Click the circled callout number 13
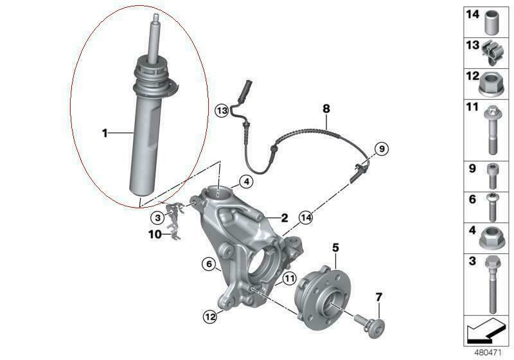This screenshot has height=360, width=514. tap(222, 111)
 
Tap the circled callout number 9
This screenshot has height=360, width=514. tap(382, 149)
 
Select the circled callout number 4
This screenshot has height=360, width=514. tap(246, 181)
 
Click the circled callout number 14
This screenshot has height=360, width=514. tap(306, 217)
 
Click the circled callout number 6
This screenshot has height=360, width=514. tap(209, 264)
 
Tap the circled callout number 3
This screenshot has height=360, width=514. tap(158, 217)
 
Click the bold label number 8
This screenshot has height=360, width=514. tap(326, 108)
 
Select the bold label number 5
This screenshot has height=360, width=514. tap(335, 248)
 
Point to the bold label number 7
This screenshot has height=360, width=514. tap(378, 298)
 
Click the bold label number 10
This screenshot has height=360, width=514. tap(155, 235)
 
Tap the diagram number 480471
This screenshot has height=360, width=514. tap(488, 353)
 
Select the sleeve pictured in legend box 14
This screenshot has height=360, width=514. tap(491, 22)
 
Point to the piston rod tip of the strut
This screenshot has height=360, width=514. tap(156, 15)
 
